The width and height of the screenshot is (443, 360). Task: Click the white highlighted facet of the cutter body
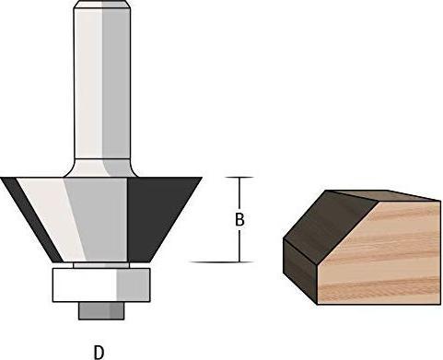coord(46,216)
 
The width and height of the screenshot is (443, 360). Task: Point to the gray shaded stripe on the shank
coord(111,83)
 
